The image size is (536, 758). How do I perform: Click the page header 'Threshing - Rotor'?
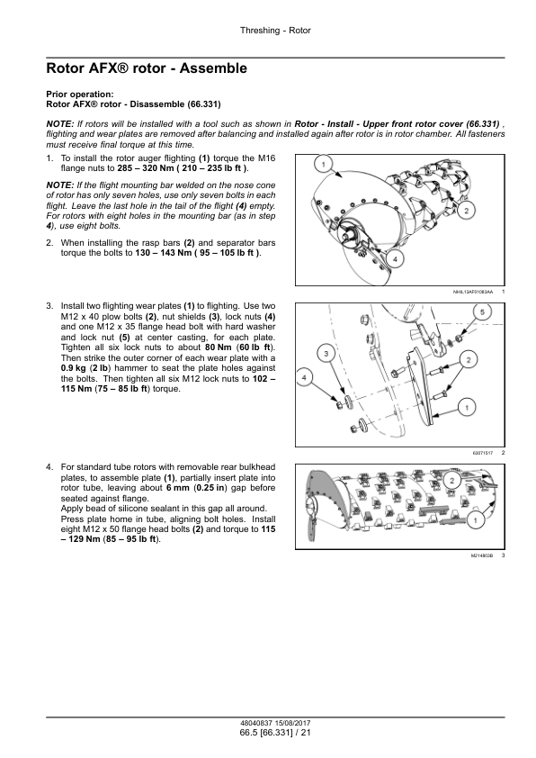[275, 31]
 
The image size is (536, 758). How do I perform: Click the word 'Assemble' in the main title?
[213, 68]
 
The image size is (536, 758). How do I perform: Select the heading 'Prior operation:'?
[80, 95]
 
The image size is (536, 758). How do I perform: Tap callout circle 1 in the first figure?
[324, 165]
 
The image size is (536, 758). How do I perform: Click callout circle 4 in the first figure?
[395, 259]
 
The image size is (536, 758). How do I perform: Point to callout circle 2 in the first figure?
[467, 211]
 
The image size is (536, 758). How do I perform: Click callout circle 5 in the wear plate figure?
[482, 312]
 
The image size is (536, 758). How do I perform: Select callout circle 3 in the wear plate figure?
[326, 354]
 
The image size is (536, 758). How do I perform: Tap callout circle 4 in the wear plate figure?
[304, 377]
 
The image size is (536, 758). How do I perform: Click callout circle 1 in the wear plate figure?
[467, 408]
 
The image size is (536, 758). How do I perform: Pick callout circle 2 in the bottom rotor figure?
[452, 480]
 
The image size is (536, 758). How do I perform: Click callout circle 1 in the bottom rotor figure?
[476, 520]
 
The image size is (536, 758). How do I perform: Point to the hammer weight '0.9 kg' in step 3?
[74, 368]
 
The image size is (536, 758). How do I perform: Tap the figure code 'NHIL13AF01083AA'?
[473, 292]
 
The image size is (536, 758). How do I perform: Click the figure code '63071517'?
[483, 453]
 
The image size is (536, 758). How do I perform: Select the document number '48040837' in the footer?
[256, 724]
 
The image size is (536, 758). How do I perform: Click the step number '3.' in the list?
[49, 306]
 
